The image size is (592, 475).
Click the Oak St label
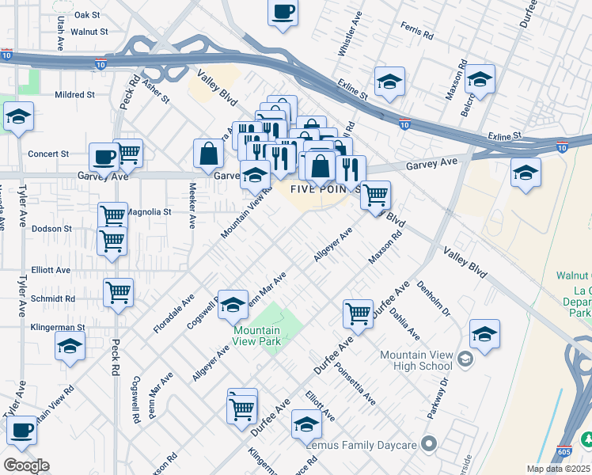point(86,15)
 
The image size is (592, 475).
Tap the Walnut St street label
point(88,32)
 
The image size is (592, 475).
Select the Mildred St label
point(74,94)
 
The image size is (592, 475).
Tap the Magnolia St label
point(149,212)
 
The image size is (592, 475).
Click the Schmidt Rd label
point(54,299)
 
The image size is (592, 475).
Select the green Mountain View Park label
point(256,337)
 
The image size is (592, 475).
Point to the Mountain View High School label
point(416,360)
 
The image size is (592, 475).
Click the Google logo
point(25,465)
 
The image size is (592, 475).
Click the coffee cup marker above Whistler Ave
point(283,13)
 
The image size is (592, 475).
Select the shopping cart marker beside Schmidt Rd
point(118,292)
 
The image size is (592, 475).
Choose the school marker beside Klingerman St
point(70,346)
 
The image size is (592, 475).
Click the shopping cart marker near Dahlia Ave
point(359,313)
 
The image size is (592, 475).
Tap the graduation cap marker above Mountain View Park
point(233,304)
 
